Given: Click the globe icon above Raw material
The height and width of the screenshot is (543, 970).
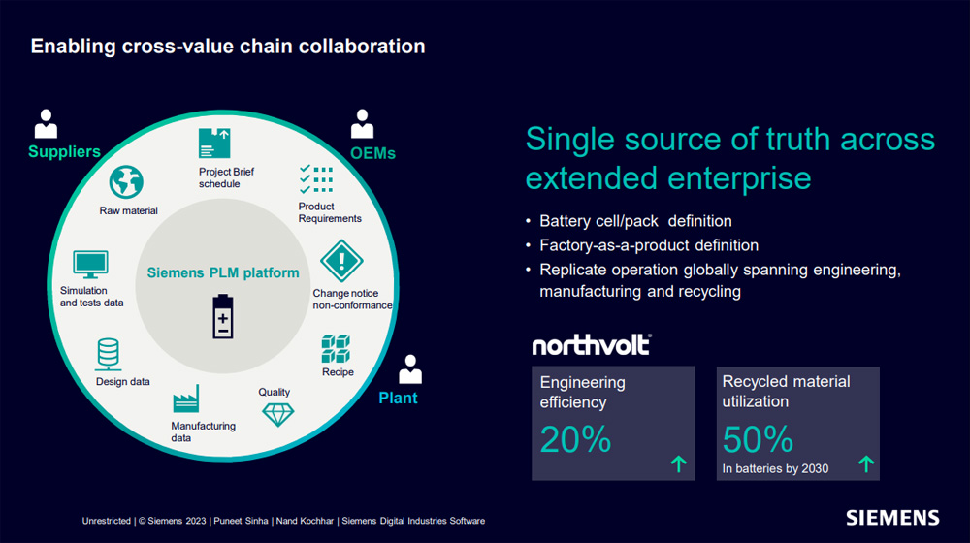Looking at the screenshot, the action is coord(126,182).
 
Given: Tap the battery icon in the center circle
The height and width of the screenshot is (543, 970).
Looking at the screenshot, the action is coord(223,317).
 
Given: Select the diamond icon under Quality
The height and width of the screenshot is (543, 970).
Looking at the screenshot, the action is coord(277,414).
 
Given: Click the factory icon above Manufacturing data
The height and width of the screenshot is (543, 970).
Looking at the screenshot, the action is coord(186,399).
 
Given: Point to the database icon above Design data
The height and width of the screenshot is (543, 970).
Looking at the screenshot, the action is coord(109,354).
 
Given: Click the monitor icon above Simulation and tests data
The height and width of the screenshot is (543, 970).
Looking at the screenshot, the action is coord(90,265).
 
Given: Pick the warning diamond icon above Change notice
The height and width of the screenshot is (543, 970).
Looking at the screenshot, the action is coord(341,261).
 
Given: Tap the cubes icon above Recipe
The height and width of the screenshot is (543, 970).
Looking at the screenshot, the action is coord(336,349).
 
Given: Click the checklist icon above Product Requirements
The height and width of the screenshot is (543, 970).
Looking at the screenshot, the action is coord(316,179).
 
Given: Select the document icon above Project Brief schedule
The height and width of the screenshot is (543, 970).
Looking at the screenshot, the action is coord(214,144).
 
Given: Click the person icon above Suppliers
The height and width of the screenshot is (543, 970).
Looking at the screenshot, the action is coord(46,124).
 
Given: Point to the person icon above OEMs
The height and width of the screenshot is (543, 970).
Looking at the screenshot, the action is coord(362,124).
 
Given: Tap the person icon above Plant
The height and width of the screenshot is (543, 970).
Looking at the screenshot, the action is coord(410,369).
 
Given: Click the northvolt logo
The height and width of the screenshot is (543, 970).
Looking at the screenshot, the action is coord(592,345).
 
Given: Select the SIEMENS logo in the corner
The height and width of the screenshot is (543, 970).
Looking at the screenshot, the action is coord(892,518).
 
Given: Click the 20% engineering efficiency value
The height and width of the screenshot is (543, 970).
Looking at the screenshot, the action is coord(575,439).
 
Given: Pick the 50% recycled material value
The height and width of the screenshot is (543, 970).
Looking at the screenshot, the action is coord(758,439).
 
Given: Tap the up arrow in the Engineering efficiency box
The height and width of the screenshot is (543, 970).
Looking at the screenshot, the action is coord(679,463).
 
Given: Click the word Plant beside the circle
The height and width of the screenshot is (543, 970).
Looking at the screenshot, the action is coord(398,398).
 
